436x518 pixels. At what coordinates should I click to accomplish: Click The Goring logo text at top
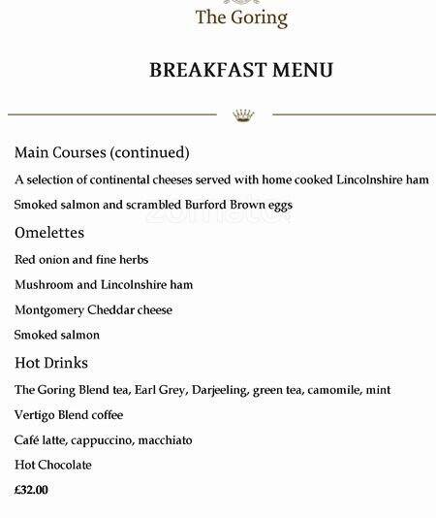(241, 16)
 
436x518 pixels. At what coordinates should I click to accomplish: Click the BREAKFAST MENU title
(241, 70)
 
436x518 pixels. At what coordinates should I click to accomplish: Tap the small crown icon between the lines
(243, 115)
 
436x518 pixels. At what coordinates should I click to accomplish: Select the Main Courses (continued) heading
(102, 153)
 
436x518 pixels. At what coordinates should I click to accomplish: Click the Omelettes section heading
(49, 233)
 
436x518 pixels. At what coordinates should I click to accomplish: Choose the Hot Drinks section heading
(51, 363)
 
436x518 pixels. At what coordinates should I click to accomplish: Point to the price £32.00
(32, 490)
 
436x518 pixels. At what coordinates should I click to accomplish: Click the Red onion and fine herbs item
(81, 260)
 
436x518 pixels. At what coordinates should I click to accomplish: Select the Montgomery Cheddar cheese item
(93, 309)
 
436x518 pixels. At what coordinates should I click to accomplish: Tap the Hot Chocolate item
(53, 466)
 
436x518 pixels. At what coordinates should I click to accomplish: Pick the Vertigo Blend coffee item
(69, 415)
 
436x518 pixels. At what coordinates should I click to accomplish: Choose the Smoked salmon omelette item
(57, 335)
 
